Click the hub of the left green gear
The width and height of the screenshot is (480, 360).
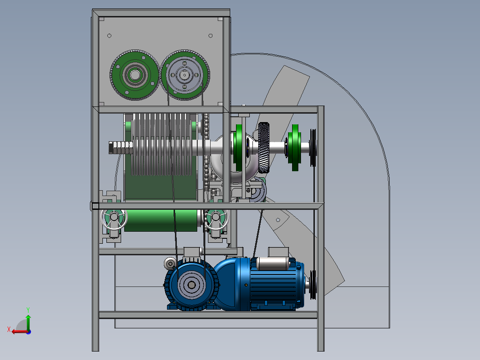[134, 75]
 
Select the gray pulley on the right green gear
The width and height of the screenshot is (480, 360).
[185, 75]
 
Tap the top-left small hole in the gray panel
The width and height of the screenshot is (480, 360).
[109, 36]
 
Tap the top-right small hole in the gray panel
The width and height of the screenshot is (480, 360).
[211, 36]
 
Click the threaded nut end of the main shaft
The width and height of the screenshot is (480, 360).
[121, 147]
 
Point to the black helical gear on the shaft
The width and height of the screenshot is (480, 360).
[264, 147]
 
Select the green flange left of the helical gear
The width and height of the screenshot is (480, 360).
[238, 147]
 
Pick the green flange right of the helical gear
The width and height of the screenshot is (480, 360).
[294, 147]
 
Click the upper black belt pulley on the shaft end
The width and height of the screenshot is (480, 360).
[313, 147]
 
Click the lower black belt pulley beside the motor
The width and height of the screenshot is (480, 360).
[313, 285]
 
